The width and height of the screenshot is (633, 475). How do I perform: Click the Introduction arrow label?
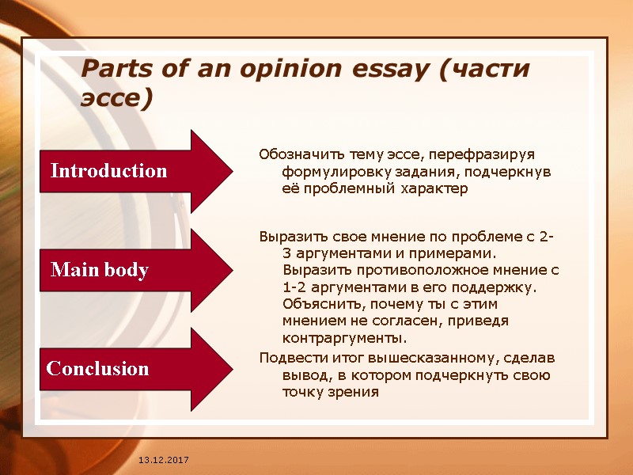[108, 171]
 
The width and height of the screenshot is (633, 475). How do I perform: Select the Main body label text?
[100, 271]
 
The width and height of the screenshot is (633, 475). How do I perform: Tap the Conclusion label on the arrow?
[98, 369]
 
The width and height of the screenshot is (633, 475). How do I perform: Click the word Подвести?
[288, 357]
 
